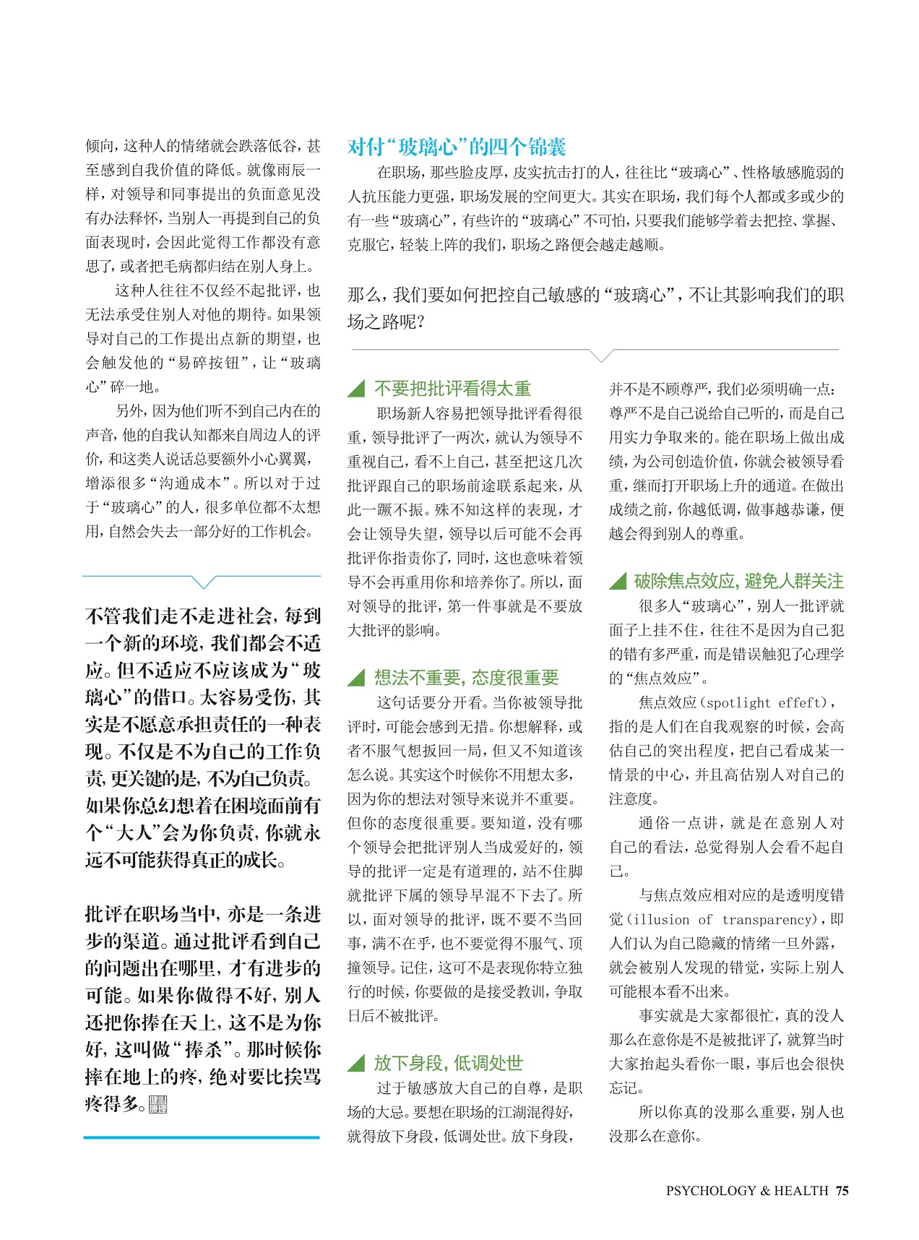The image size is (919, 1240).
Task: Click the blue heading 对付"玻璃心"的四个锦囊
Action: tap(456, 147)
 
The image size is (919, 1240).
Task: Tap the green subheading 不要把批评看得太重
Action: tap(452, 389)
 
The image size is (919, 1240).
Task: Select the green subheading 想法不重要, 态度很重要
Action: tap(466, 678)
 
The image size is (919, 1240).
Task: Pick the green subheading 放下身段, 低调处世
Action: tap(448, 1063)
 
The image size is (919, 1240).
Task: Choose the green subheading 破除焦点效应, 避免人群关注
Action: tap(738, 581)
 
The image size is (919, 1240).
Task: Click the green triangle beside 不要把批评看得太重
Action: tap(356, 389)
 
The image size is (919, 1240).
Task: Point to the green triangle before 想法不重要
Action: tap(356, 678)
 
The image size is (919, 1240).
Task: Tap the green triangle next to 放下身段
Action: tap(356, 1063)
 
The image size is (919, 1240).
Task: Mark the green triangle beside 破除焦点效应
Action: tap(618, 581)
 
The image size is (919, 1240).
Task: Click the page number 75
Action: tap(842, 1191)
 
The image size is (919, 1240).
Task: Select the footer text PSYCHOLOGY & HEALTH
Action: tap(746, 1191)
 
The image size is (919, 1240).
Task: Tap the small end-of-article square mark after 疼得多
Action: tap(158, 1105)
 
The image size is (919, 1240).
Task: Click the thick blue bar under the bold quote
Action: tap(202, 1137)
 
